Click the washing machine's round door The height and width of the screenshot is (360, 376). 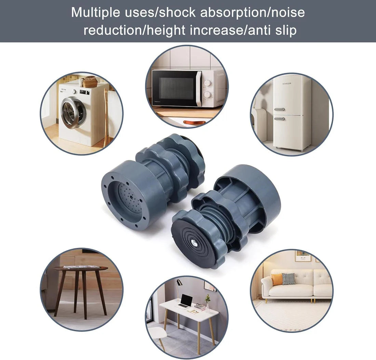[73, 113]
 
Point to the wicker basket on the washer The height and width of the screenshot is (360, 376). [90, 82]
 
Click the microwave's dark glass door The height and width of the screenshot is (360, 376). [174, 88]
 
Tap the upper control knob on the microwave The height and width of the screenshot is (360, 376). [207, 83]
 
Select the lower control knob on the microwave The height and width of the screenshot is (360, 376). [207, 95]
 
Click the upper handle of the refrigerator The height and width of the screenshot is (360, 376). [279, 110]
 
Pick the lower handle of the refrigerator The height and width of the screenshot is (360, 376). [279, 119]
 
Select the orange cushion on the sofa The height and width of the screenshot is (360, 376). [277, 279]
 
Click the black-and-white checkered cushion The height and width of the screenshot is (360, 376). [288, 278]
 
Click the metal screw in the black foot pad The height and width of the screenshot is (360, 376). [193, 243]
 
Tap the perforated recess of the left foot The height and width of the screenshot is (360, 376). [130, 198]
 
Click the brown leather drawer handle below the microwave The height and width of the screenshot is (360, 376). [194, 122]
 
